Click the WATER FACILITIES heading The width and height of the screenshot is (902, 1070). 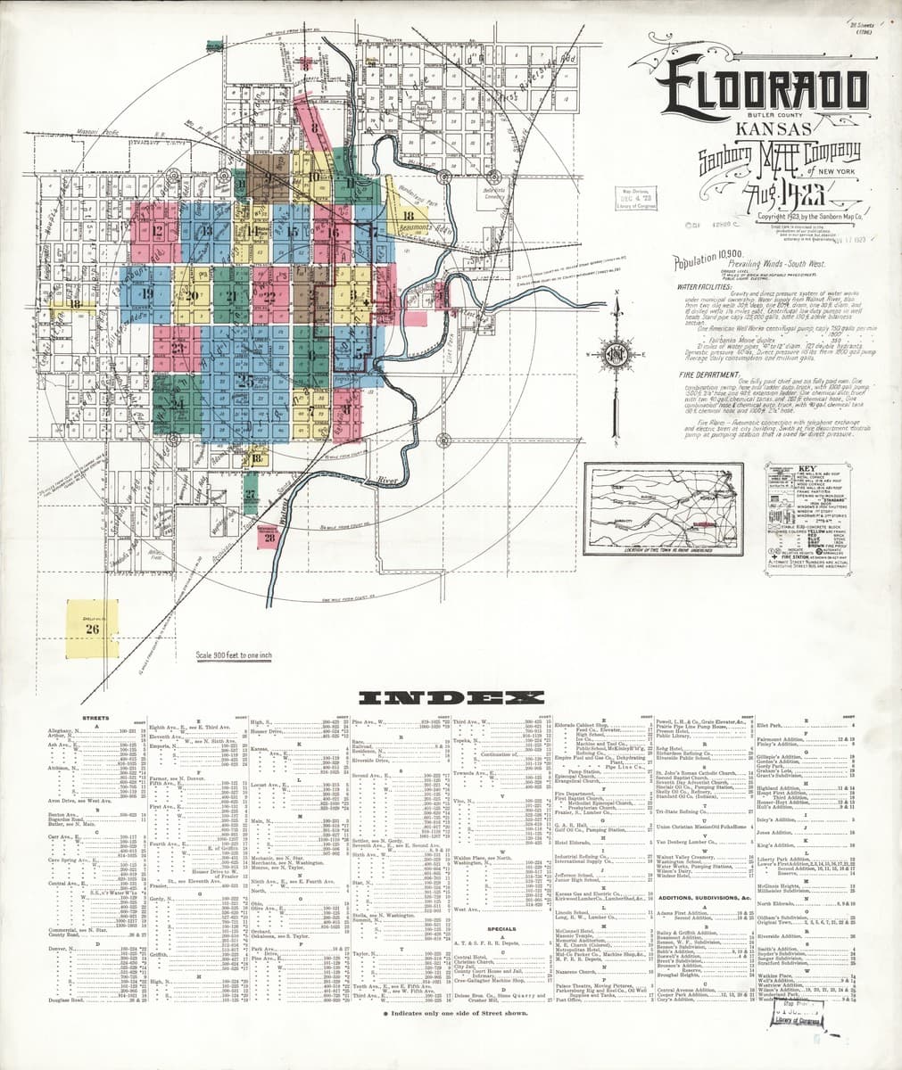705,287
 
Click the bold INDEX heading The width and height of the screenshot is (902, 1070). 450,697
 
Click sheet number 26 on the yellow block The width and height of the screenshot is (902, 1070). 91,628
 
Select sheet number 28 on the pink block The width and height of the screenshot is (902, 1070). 269,536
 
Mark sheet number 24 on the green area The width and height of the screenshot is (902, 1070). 178,404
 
